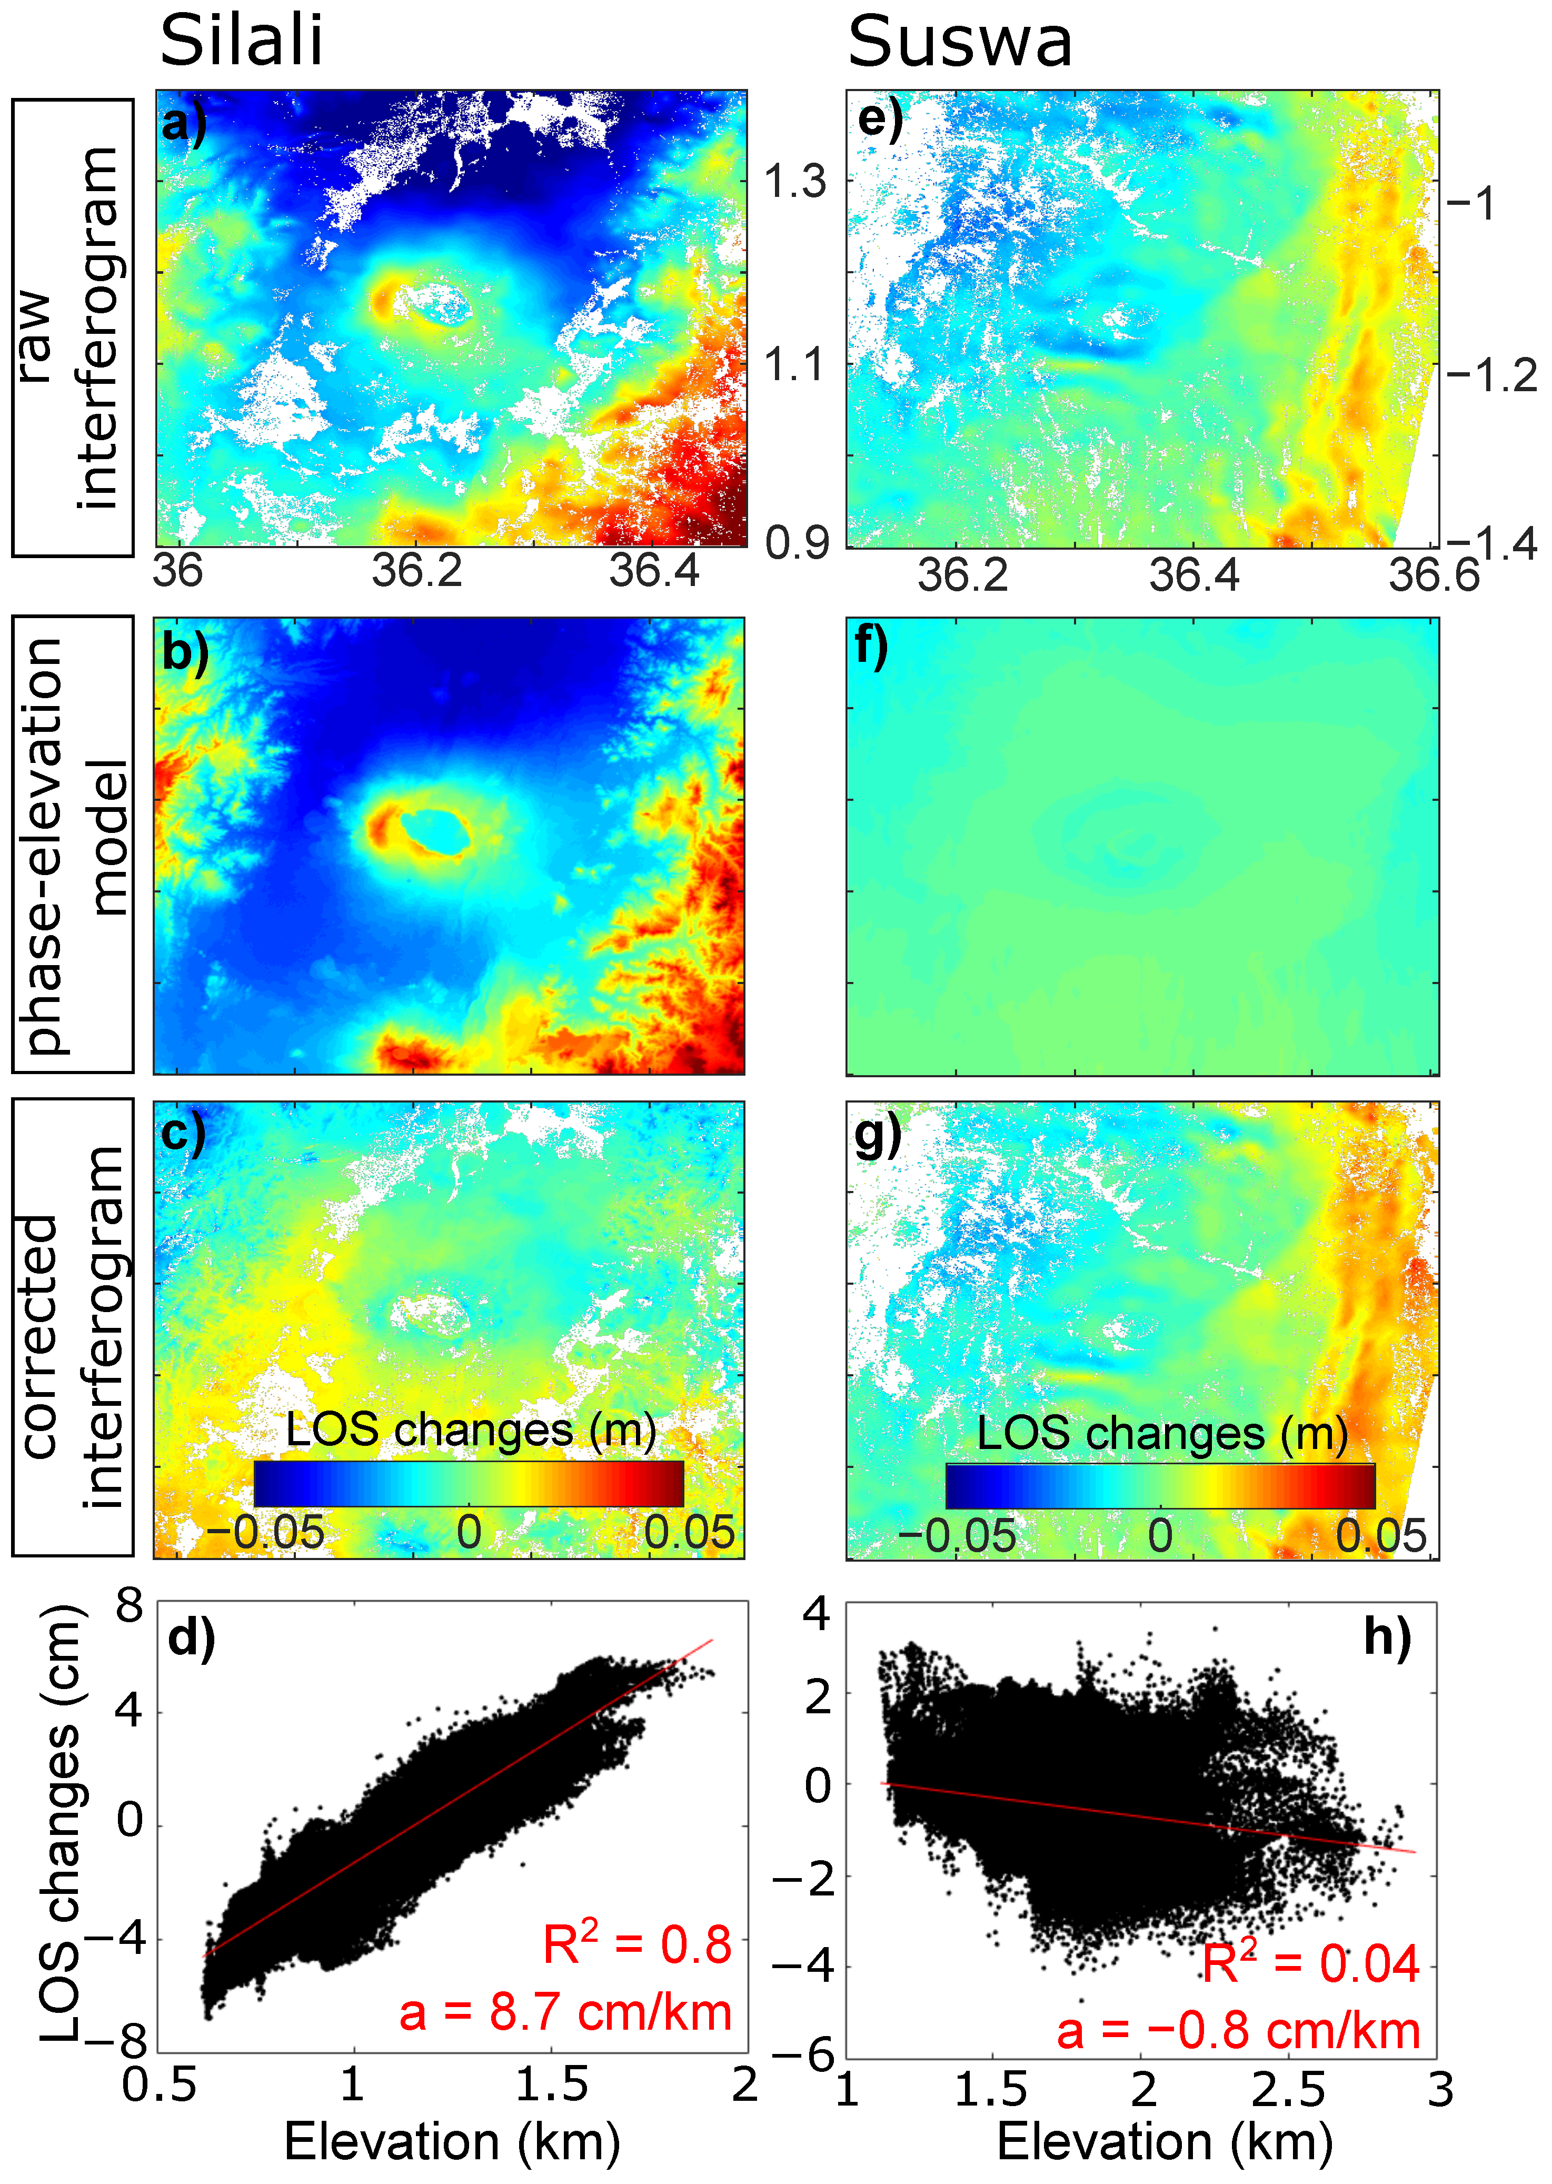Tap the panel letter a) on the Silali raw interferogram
coord(184,124)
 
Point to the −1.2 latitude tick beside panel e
coord(1491,375)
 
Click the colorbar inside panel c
coord(468,1483)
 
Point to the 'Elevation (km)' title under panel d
coord(452,2141)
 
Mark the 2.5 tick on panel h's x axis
coord(1287,2090)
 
